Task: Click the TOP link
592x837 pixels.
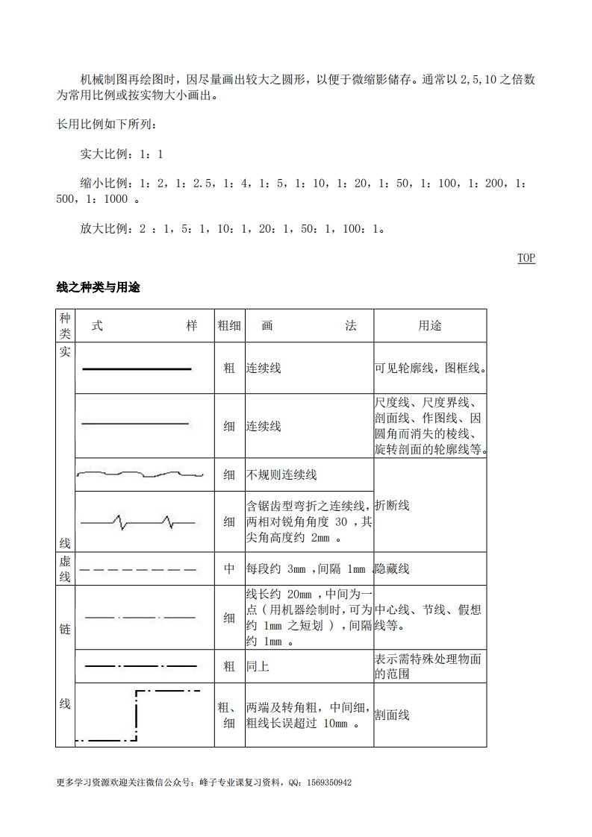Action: coord(526,258)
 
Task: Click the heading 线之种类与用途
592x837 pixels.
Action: coord(98,288)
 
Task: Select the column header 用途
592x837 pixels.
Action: coord(429,326)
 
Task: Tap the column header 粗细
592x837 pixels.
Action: coord(229,326)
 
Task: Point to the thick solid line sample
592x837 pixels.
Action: coord(137,369)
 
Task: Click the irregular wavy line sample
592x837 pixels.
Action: coord(140,474)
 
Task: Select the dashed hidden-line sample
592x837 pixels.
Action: coord(137,569)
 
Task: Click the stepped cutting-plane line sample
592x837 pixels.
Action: coord(137,715)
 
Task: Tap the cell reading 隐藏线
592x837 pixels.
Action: coord(392,569)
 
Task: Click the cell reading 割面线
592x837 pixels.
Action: coord(392,715)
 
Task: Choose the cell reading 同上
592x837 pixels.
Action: coord(258,666)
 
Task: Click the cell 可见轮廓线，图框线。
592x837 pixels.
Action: coord(429,369)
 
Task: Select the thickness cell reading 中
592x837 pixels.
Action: coord(229,569)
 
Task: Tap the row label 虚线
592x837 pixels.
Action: coord(65,569)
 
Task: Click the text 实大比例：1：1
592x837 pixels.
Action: coord(121,154)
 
